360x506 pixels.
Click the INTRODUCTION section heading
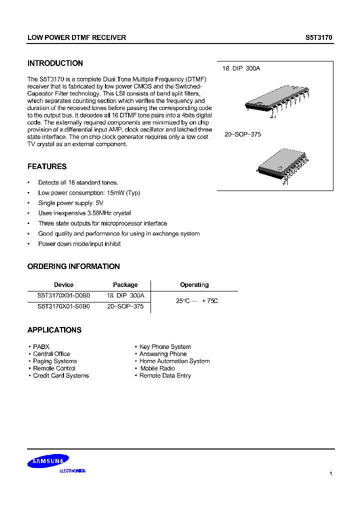[x=55, y=63]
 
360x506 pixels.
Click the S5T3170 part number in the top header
[x=318, y=37]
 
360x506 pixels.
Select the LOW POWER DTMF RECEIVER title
[x=76, y=37]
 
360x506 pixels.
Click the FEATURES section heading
[x=47, y=166]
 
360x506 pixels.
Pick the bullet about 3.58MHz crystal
[x=84, y=213]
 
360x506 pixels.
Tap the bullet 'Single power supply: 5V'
[x=70, y=203]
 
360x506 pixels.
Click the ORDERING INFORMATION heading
[x=73, y=266]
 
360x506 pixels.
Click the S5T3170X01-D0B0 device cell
[x=63, y=295]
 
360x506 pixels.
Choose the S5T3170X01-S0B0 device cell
[x=63, y=306]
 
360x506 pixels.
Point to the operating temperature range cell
[x=197, y=301]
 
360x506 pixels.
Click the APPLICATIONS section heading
[x=54, y=330]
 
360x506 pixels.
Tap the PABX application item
[x=41, y=346]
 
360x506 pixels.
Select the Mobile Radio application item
[x=157, y=368]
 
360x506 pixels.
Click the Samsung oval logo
[x=48, y=461]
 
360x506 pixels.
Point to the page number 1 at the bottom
[x=331, y=473]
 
